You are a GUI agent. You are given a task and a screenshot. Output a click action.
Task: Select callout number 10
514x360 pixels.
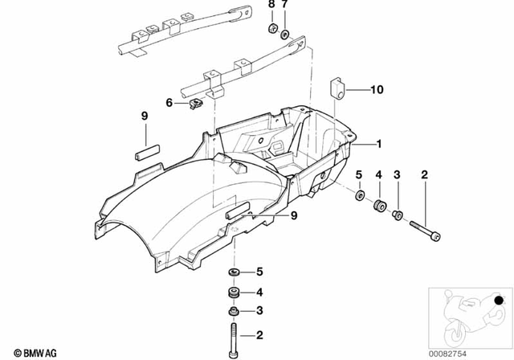pos(377,90)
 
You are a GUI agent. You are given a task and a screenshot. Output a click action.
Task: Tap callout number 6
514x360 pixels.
pos(170,102)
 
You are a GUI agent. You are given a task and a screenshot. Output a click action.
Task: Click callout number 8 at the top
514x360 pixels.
pos(271,6)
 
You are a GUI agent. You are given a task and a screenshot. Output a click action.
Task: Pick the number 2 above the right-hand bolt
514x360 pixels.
pos(424,174)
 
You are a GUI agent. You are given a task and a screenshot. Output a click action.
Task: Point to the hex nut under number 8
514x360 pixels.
pos(272,29)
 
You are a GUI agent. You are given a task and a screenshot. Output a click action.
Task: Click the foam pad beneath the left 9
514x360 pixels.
pos(146,150)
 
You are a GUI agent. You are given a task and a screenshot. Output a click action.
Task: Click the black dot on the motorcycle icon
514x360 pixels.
pos(501,301)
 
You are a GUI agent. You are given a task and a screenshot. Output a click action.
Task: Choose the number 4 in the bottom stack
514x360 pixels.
pos(259,292)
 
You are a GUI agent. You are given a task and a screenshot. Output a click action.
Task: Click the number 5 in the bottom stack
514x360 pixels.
pos(259,272)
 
